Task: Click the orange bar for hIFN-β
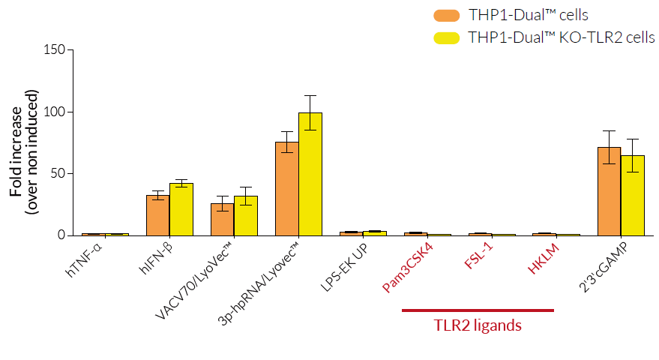coord(157,215)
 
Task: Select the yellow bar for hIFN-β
coord(181,209)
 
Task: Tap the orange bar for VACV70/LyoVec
coord(222,219)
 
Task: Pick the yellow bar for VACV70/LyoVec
coord(246,216)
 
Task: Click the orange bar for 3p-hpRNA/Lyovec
coord(286,189)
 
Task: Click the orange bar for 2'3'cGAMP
coord(609,191)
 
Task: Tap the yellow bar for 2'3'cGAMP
coord(633,195)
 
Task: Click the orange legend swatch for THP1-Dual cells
coord(447,15)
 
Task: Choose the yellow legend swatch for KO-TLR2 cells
coord(447,37)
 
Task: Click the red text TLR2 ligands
coord(478,325)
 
